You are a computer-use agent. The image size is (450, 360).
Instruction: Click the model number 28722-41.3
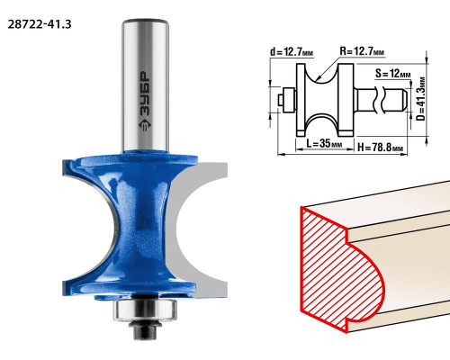(x=40, y=24)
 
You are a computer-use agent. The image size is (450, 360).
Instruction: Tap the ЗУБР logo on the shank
(x=146, y=102)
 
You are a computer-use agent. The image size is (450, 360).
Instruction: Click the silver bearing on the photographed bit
(x=145, y=310)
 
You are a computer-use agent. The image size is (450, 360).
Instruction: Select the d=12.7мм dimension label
(x=292, y=52)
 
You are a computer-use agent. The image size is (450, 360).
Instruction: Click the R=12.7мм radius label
(x=362, y=51)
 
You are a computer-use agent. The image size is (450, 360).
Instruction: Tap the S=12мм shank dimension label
(x=392, y=74)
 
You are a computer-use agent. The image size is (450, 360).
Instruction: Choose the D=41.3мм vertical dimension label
(x=421, y=99)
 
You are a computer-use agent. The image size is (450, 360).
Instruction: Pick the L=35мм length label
(x=324, y=143)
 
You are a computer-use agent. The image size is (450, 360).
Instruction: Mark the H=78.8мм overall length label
(x=380, y=148)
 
